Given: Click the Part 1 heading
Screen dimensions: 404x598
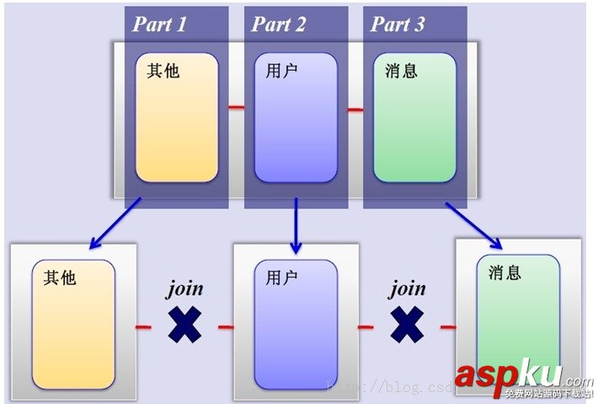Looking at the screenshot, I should [x=160, y=24].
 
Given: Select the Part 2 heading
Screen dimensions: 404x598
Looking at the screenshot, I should [x=279, y=24].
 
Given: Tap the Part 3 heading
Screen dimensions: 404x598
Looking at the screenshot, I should [x=398, y=24].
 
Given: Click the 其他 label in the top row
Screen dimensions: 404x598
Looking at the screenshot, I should [x=163, y=71].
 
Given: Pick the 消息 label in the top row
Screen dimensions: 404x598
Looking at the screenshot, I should [x=400, y=71].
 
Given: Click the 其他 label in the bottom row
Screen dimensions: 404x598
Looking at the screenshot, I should [x=59, y=277].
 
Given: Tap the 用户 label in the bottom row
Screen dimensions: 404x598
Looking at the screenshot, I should [x=280, y=277].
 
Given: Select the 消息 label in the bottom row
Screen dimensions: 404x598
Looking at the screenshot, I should [x=504, y=273].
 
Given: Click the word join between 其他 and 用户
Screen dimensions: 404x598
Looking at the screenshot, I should [x=184, y=289].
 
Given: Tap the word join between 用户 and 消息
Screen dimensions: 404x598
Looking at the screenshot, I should [x=407, y=289].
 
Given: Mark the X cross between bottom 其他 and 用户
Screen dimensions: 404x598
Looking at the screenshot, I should [x=184, y=325].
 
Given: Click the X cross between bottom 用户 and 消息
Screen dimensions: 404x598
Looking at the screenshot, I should [x=407, y=325].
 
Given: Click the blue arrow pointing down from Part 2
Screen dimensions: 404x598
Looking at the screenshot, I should [x=296, y=225].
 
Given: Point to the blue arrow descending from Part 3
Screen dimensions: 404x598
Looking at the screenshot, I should [x=474, y=225].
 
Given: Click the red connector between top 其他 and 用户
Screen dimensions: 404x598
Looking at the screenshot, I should [x=237, y=108].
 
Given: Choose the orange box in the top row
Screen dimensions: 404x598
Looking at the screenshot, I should [x=176, y=117].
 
